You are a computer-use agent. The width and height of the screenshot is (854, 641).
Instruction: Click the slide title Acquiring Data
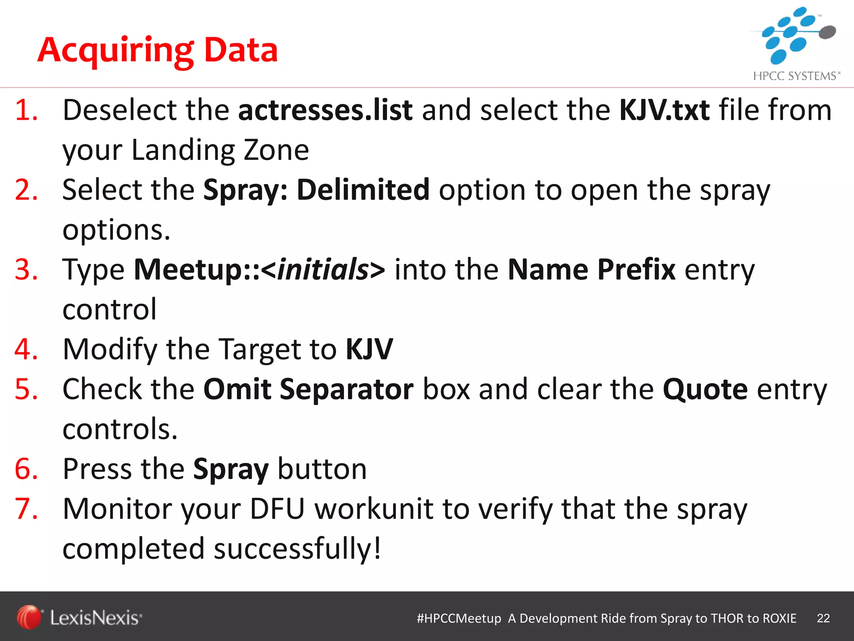158,50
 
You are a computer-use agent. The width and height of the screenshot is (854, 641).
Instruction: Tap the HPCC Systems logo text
796,76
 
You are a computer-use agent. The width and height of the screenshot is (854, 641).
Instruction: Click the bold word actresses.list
325,110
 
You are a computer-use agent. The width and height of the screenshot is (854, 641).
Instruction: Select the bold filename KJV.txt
664,110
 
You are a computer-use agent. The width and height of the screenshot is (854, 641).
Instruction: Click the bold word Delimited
363,190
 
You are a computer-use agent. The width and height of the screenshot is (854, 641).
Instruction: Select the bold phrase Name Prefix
591,270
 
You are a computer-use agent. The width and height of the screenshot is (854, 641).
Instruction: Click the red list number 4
26,350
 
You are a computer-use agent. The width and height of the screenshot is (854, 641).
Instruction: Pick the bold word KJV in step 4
369,350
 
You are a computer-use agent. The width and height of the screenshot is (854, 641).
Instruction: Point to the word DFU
277,509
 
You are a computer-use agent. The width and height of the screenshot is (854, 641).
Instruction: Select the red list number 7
26,509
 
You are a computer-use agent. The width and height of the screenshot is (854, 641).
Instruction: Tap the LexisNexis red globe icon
29,617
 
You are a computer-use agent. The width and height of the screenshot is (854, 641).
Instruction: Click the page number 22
823,618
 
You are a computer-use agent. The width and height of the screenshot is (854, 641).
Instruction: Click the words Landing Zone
220,150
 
